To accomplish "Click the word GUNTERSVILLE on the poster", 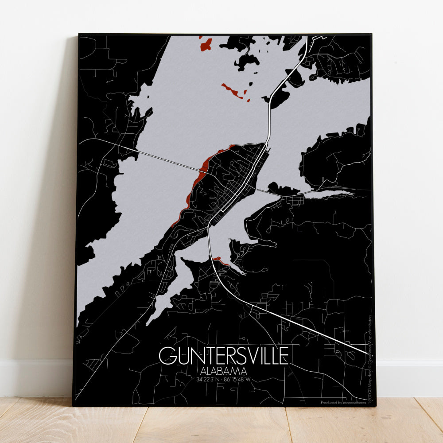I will [x=224, y=355].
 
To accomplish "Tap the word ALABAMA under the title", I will [x=224, y=371].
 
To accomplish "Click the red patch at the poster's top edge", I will [x=206, y=44].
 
